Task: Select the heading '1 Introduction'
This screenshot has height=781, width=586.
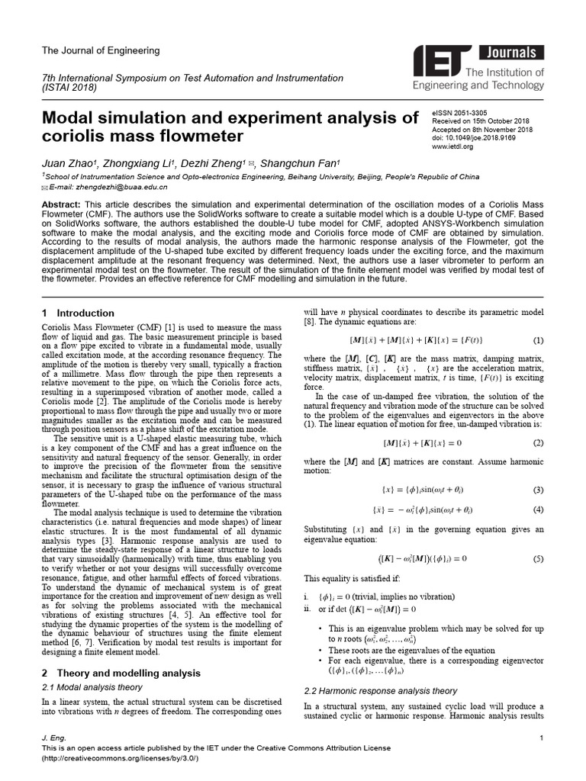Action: tap(78, 313)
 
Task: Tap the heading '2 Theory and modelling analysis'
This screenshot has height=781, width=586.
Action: tap(121, 673)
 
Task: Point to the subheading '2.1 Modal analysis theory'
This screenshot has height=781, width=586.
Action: tap(92, 687)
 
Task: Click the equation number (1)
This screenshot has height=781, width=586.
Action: tap(538, 339)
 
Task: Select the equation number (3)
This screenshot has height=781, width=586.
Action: tap(538, 490)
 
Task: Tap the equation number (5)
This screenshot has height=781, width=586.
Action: tap(538, 558)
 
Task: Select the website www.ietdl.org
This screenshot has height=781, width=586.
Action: tap(453, 146)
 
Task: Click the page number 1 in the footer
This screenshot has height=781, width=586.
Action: tap(541, 738)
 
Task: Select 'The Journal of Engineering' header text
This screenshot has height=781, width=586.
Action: tap(101, 50)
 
